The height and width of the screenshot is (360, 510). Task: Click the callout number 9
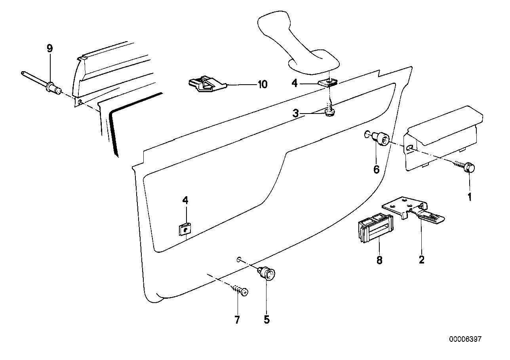[x=49, y=49]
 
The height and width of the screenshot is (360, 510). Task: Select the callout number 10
[x=262, y=84]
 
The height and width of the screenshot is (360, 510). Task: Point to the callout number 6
[x=376, y=169]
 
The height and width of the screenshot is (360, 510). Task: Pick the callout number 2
[x=421, y=260]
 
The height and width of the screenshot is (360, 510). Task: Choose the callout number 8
[x=379, y=260]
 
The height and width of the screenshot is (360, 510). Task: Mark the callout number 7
[x=237, y=320]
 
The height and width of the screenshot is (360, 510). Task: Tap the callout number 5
[x=266, y=320]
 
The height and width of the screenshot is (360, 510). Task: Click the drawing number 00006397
[x=465, y=339]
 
